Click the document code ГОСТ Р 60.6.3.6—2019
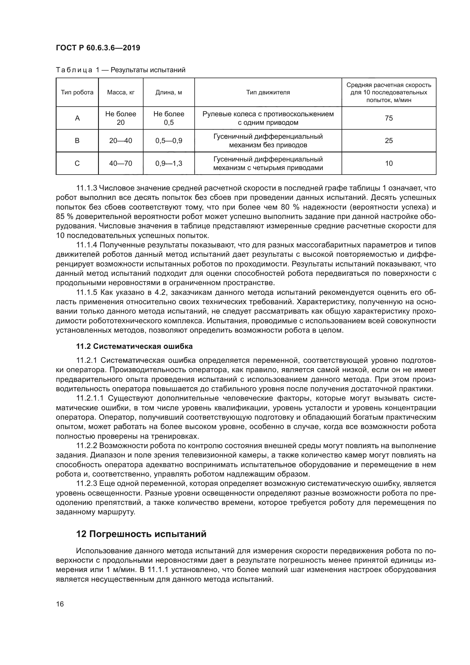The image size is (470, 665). point(98,48)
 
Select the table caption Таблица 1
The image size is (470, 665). point(77,70)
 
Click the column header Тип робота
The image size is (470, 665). point(77,92)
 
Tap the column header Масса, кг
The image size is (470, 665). point(121,92)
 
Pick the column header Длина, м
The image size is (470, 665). point(169,92)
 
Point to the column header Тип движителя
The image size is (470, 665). point(268,92)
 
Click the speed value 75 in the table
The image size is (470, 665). point(389,118)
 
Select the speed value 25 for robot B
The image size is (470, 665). point(389,141)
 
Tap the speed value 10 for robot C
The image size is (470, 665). point(389,163)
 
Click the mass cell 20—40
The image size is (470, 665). point(121,141)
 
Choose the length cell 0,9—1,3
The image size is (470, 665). point(169,163)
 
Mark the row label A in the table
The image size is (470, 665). point(77,118)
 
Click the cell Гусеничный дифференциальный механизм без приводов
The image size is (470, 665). point(268,141)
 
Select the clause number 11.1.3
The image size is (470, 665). point(87,188)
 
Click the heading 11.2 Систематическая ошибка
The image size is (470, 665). point(134,346)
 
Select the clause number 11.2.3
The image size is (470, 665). point(87,483)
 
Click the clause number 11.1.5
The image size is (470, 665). point(87,293)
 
